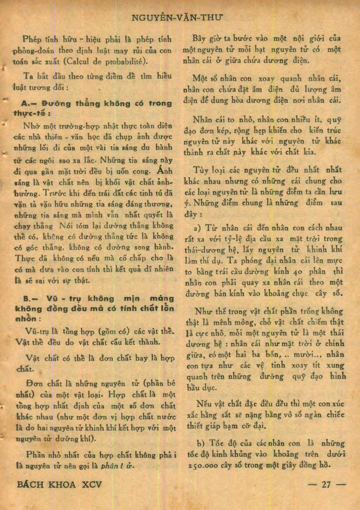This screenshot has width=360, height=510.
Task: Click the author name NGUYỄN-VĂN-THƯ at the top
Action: (178, 17)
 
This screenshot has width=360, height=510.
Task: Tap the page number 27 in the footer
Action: (326, 484)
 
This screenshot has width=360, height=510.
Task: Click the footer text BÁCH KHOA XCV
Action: (59, 484)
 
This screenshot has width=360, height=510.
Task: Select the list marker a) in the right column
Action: (197, 228)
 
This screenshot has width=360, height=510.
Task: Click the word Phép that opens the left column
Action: (32, 40)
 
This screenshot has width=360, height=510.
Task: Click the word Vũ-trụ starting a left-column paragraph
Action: (36, 331)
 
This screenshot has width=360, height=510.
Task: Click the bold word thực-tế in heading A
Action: (28, 114)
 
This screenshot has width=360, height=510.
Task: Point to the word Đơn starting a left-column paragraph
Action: (34, 383)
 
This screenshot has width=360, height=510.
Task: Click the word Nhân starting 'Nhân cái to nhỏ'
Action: (202, 120)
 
